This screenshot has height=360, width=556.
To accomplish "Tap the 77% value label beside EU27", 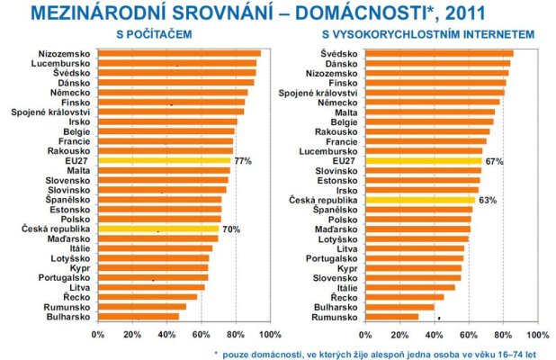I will (243, 160).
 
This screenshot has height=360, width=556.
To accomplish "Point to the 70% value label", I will (231, 229).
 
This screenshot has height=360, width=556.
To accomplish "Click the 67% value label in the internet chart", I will (492, 160).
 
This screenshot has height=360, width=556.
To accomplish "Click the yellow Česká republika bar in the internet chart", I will (423, 200).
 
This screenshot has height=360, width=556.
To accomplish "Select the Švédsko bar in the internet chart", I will (441, 53).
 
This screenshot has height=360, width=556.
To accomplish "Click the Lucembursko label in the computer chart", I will (62, 63).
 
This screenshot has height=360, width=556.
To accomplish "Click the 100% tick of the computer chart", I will (269, 333).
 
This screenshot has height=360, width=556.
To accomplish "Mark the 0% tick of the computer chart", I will (98, 333).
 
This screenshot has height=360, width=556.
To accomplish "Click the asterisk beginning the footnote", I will (216, 352).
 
